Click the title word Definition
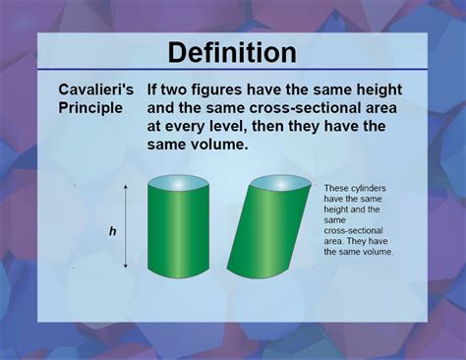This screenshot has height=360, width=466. [x=232, y=52]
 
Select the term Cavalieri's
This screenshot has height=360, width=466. [x=94, y=90]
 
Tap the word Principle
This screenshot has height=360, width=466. [x=90, y=107]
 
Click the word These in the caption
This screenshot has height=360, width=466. [x=336, y=187]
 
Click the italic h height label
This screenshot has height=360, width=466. [x=112, y=231]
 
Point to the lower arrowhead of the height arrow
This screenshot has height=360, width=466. [x=126, y=266]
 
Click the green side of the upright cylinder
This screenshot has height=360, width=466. [x=177, y=231]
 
